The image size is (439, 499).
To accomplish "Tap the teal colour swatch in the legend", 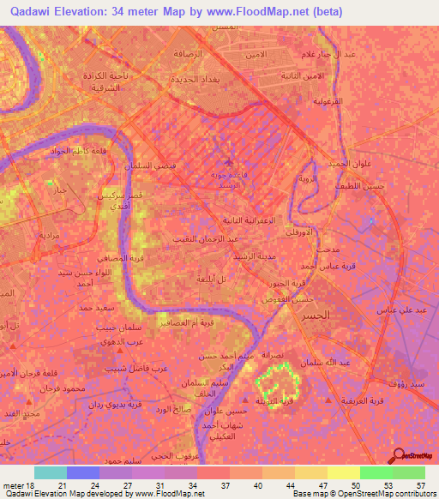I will click(x=50, y=472).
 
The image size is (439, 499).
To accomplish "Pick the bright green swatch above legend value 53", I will click(x=376, y=472).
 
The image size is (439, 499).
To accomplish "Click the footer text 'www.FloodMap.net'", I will click(x=167, y=495).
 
